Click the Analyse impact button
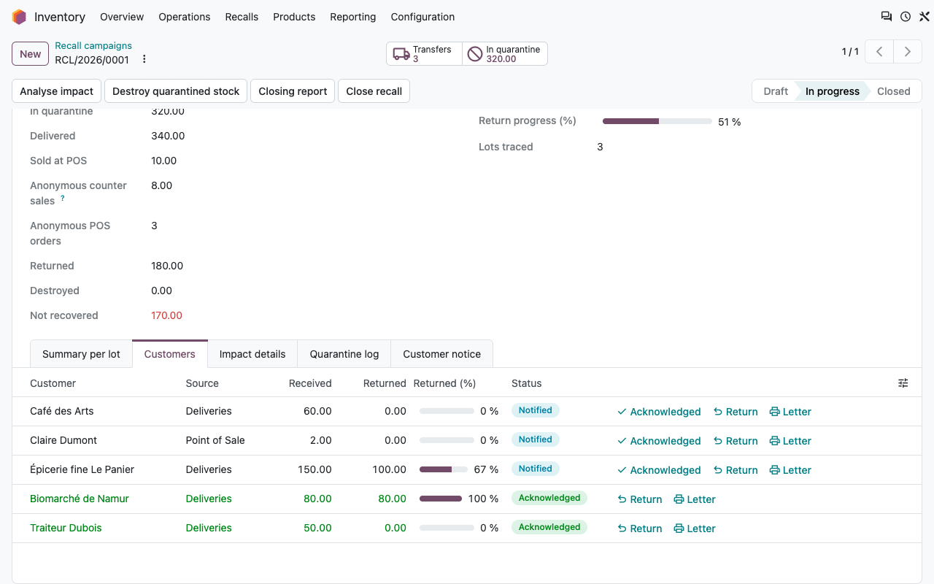56,91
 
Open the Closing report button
293,91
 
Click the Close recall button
374,91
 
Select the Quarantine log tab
344,354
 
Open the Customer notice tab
441,354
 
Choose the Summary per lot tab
81,354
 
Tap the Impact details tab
252,354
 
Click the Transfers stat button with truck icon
424,54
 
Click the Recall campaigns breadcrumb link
93,45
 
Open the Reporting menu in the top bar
352,17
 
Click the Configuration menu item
422,17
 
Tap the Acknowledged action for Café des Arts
659,412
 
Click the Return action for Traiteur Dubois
640,529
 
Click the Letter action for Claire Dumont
790,441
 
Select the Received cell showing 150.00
314,469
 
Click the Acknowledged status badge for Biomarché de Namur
549,498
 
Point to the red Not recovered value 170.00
166,315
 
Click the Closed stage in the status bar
893,91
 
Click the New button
30,54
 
